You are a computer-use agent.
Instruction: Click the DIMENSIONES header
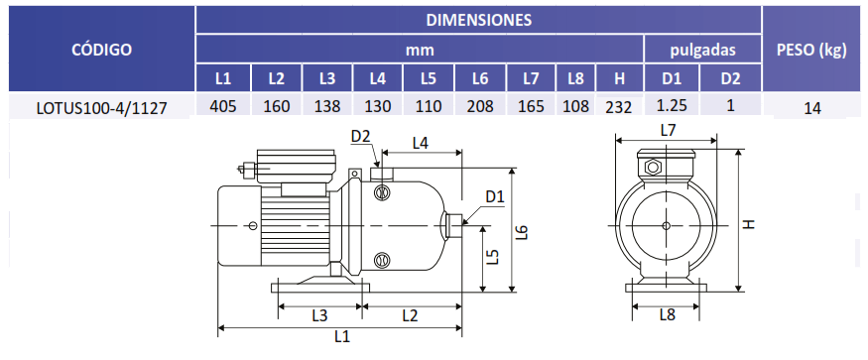point(479,20)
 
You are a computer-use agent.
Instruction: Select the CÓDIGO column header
point(102,50)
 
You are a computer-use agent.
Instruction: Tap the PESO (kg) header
point(812,50)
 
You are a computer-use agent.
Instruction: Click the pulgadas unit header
point(703,51)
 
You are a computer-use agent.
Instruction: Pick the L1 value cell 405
point(223,106)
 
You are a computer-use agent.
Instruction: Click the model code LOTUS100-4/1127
point(102,107)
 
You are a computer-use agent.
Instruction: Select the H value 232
point(619,107)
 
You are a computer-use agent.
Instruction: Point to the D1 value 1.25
point(672,105)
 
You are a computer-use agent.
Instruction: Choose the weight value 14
point(812,108)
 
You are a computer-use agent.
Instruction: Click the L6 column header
point(480,78)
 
